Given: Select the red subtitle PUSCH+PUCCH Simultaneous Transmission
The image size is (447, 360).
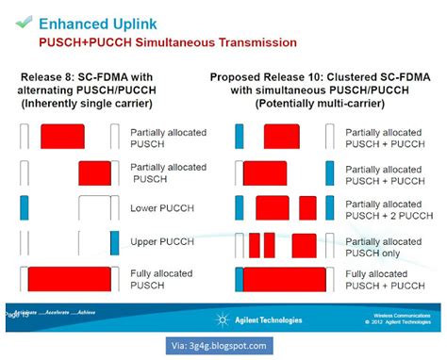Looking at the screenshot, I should (x=167, y=42).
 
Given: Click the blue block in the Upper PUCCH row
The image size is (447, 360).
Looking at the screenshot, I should (x=114, y=242).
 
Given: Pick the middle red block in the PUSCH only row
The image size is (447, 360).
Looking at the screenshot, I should (x=270, y=243).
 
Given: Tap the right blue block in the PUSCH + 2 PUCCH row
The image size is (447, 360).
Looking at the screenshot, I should (x=328, y=207).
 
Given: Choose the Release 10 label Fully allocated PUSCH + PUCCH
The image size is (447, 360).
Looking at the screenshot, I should (x=377, y=281).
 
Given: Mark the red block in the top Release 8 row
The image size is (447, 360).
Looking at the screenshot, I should (x=63, y=137).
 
